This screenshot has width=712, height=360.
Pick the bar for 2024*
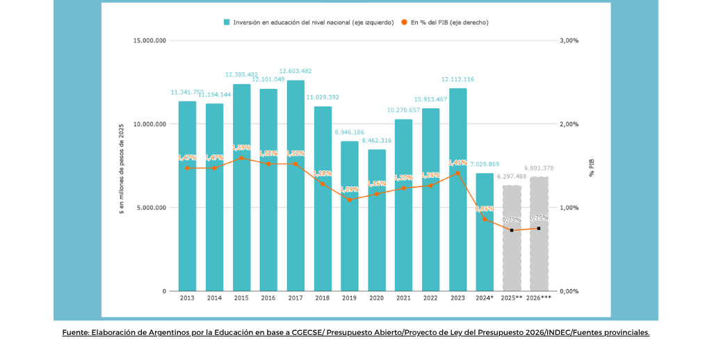[485, 232]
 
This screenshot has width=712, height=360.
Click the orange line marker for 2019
[350, 199]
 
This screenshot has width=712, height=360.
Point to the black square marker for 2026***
[539, 228]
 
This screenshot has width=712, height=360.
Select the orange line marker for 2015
[241, 158]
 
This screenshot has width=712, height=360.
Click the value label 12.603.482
[296, 71]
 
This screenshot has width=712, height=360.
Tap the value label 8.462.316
[377, 140]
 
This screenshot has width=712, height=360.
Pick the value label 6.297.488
[512, 177]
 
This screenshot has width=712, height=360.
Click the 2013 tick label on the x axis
[187, 298]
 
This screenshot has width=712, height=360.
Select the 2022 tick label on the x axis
[431, 298]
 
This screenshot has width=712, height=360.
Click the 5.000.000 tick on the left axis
[151, 208]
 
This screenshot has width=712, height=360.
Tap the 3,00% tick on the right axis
[569, 41]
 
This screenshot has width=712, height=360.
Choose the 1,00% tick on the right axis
[569, 208]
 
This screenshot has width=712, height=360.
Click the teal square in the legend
[227, 22]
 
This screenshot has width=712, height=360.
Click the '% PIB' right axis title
[592, 166]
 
